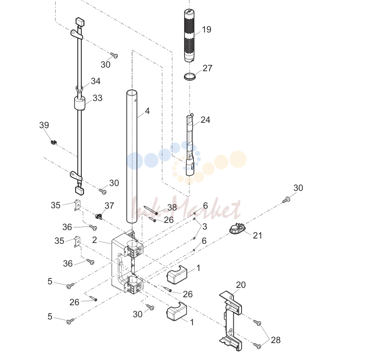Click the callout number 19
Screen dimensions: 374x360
(206, 30)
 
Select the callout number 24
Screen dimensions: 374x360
(205, 120)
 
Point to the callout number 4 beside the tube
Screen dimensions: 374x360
(147, 111)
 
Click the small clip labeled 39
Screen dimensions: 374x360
(54, 142)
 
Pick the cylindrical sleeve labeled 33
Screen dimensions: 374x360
(80, 103)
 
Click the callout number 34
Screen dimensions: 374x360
(96, 81)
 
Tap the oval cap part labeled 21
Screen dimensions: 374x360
(237, 228)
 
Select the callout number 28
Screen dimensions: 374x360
(275, 340)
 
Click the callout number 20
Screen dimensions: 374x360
(241, 285)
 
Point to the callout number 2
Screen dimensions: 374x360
(94, 240)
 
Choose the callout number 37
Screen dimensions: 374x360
(109, 206)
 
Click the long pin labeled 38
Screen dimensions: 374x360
(151, 210)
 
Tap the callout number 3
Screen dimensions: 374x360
(205, 227)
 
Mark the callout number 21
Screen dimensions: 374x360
(257, 235)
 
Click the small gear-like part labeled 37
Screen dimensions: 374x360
(99, 217)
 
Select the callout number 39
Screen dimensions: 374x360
(44, 125)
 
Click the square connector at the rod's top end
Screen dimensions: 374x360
(80, 22)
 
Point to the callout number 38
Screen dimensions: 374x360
(172, 207)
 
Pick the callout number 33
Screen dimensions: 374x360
(97, 98)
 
